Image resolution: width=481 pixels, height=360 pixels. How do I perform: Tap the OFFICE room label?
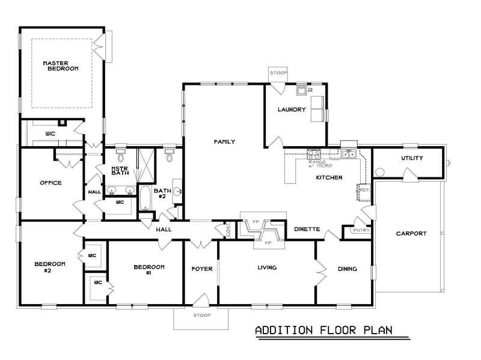coord(51,183)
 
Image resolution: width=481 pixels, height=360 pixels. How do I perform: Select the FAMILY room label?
coord(224,142)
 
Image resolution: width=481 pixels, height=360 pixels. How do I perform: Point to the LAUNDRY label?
coord(292,110)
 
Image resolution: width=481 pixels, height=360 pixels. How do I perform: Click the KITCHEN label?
coord(329,178)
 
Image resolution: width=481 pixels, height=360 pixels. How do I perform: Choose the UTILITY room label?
coord(412,158)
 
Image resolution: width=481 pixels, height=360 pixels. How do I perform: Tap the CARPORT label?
coord(412,234)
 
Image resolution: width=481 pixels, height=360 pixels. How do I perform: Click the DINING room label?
coord(347,269)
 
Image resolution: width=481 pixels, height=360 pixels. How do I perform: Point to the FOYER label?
coord(202,269)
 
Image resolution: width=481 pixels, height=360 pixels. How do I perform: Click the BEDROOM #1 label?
coord(149,269)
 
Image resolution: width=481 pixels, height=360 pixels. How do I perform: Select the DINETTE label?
coord(307,229)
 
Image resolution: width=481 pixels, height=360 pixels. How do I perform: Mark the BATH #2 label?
coord(163,194)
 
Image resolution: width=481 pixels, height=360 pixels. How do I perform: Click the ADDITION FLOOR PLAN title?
coord(323,331)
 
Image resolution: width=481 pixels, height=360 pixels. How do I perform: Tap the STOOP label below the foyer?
coord(201,315)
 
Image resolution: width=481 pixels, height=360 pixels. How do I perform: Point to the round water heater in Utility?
coord(379,172)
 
